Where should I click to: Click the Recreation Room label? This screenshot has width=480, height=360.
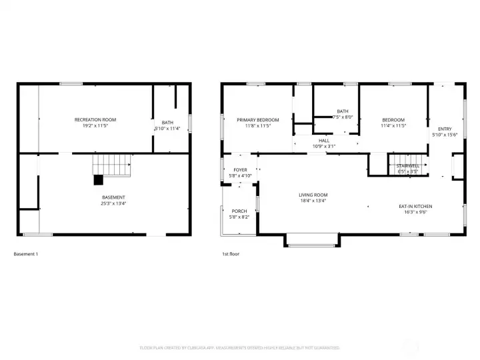tap(95, 119)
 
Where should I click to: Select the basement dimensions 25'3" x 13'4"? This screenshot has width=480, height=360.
tap(113, 203)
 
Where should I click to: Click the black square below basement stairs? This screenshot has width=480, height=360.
tap(99, 179)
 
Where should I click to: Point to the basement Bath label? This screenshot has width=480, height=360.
tap(167, 122)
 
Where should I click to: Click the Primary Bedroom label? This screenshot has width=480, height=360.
tap(258, 119)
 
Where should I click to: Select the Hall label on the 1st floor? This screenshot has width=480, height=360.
tap(324, 141)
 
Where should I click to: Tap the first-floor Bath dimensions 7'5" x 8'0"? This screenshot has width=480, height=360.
tap(343, 117)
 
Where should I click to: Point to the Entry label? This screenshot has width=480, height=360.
tap(444, 129)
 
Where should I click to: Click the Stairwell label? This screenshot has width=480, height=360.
tap(408, 165)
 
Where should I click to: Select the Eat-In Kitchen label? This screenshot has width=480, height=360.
tap(415, 206)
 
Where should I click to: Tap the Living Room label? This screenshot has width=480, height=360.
tap(313, 195)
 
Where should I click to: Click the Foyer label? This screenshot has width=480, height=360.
tap(240, 170)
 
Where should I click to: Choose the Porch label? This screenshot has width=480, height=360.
tap(239, 211)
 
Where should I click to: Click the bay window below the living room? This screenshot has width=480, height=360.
tap(312, 244)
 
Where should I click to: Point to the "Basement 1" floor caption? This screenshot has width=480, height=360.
tap(26, 254)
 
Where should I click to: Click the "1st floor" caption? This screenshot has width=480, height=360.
tap(230, 254)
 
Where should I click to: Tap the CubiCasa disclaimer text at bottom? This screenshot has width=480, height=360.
tap(240, 347)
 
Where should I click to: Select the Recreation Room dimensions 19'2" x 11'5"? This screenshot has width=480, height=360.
tap(95, 125)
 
